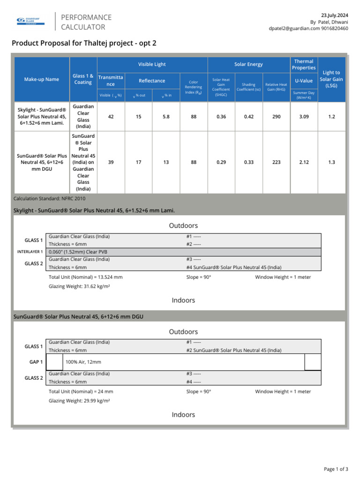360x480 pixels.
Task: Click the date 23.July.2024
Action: click(x=334, y=15)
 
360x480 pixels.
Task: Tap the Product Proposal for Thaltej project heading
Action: click(x=84, y=43)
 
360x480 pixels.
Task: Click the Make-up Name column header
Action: click(x=42, y=79)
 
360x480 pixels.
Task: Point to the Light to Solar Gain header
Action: click(x=331, y=79)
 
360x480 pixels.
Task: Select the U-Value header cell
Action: click(x=304, y=81)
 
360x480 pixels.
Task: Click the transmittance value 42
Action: click(x=111, y=116)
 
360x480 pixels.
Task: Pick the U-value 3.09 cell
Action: click(x=304, y=116)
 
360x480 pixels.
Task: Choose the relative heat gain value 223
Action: click(x=276, y=162)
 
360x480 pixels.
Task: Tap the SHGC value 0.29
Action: click(x=221, y=162)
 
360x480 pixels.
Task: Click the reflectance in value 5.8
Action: click(x=166, y=116)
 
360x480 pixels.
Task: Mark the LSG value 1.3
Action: click(x=331, y=162)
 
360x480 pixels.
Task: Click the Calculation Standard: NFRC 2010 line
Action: click(x=50, y=199)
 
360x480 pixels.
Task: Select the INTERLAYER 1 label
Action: click(x=30, y=252)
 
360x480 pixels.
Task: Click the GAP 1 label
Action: click(x=36, y=362)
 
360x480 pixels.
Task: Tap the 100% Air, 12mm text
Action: click(x=83, y=362)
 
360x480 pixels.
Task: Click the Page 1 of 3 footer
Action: click(x=336, y=469)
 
